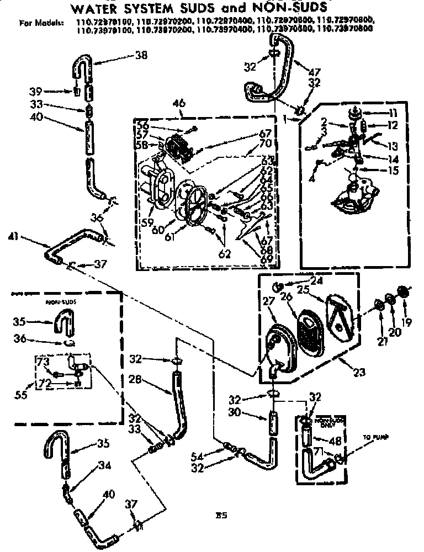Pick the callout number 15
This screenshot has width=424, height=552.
pos(393,171)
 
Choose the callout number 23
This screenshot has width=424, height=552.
pos(359,373)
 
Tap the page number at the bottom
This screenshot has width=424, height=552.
pos(222,516)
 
